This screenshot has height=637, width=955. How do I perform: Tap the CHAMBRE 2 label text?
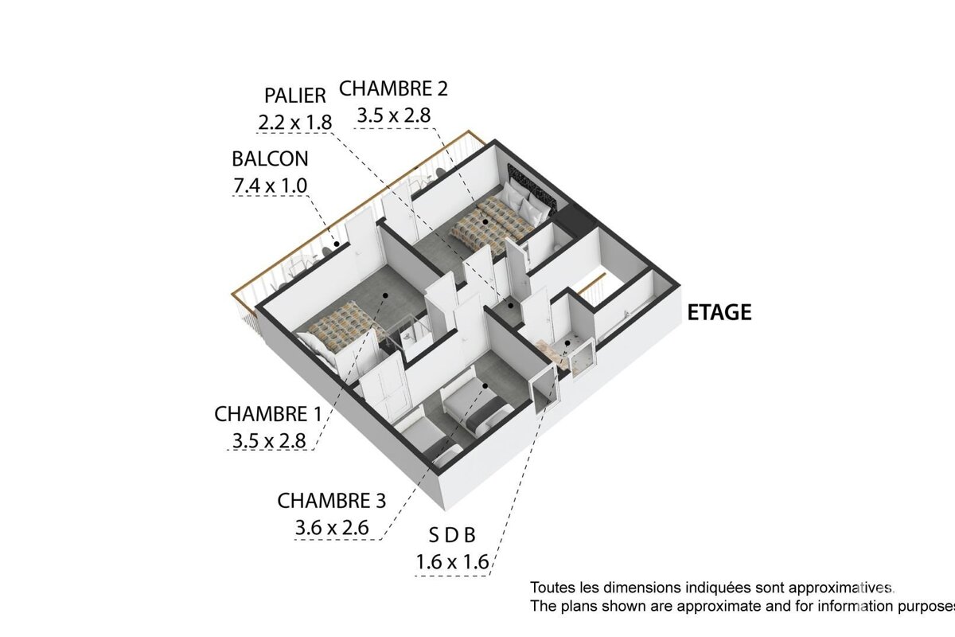tap(393, 88)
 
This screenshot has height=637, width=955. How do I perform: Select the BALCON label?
tap(270, 158)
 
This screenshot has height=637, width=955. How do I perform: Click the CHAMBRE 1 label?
tap(261, 415)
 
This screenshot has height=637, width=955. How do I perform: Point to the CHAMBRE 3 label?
tap(331, 501)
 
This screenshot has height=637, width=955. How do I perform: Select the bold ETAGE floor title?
tap(719, 312)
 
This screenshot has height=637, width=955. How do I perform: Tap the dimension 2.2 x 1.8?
tap(294, 123)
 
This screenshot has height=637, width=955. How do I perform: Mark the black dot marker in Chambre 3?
tap(485, 386)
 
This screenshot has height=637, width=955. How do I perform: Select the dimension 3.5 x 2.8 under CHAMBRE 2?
tap(393, 115)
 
